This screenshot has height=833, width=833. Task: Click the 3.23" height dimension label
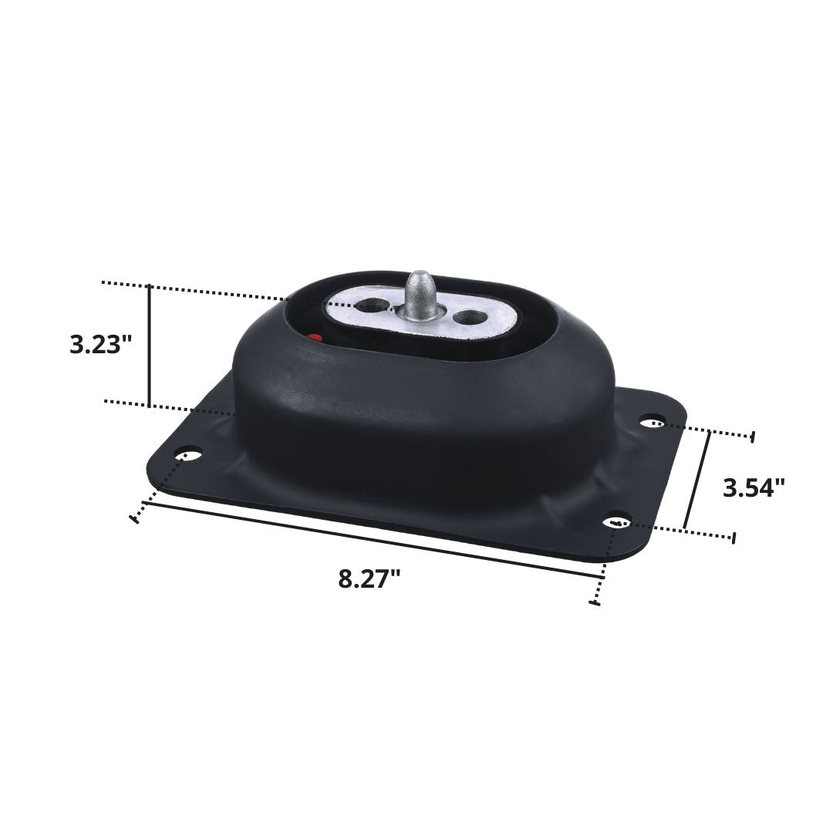[96, 344]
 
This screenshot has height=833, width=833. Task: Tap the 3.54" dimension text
[754, 487]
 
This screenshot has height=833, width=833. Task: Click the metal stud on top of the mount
[420, 292]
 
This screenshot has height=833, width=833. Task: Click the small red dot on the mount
[313, 337]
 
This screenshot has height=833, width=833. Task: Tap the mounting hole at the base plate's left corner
[189, 454]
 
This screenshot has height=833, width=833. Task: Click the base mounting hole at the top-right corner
[653, 420]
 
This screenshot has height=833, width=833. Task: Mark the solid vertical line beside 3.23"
[149, 345]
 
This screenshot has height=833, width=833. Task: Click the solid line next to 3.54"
[696, 480]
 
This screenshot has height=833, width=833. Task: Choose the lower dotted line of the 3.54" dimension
[679, 530]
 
